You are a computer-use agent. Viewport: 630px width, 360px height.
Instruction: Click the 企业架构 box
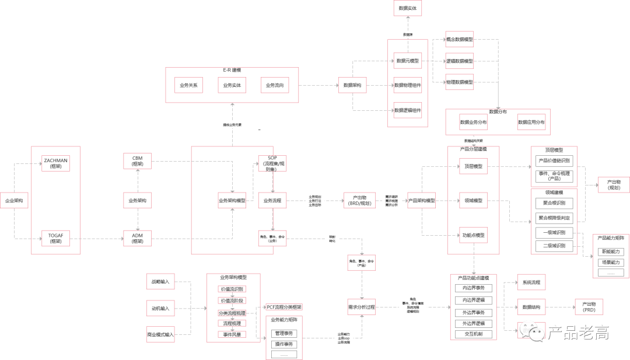point(15,201)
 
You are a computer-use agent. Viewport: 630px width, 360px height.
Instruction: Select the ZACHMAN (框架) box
point(55,163)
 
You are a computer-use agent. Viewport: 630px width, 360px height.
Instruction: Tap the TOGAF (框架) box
point(55,238)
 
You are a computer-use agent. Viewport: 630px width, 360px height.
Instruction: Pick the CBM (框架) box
point(138,161)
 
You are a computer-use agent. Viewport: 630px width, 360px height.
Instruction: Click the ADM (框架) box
point(138,238)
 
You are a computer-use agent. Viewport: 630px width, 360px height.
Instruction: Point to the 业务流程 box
point(272,201)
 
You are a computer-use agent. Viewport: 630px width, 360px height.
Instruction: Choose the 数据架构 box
point(352,85)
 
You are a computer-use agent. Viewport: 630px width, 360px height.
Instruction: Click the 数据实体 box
point(408,9)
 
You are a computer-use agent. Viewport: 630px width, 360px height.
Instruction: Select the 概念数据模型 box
point(460,39)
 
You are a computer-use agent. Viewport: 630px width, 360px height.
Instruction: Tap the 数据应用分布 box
point(531,123)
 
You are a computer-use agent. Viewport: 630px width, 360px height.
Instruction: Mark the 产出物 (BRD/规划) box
point(359,201)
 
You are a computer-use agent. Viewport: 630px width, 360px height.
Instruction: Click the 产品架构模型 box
point(421,201)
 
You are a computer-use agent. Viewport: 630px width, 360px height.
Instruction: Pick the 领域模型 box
point(473,201)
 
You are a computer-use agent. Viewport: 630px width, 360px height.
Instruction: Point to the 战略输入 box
point(160,282)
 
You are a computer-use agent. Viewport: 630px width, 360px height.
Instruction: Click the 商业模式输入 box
point(160,335)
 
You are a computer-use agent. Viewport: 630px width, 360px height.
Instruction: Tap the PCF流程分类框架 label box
point(285,307)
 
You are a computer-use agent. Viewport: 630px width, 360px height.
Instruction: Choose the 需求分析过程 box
point(361,307)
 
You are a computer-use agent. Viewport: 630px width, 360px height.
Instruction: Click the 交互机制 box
point(473,334)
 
